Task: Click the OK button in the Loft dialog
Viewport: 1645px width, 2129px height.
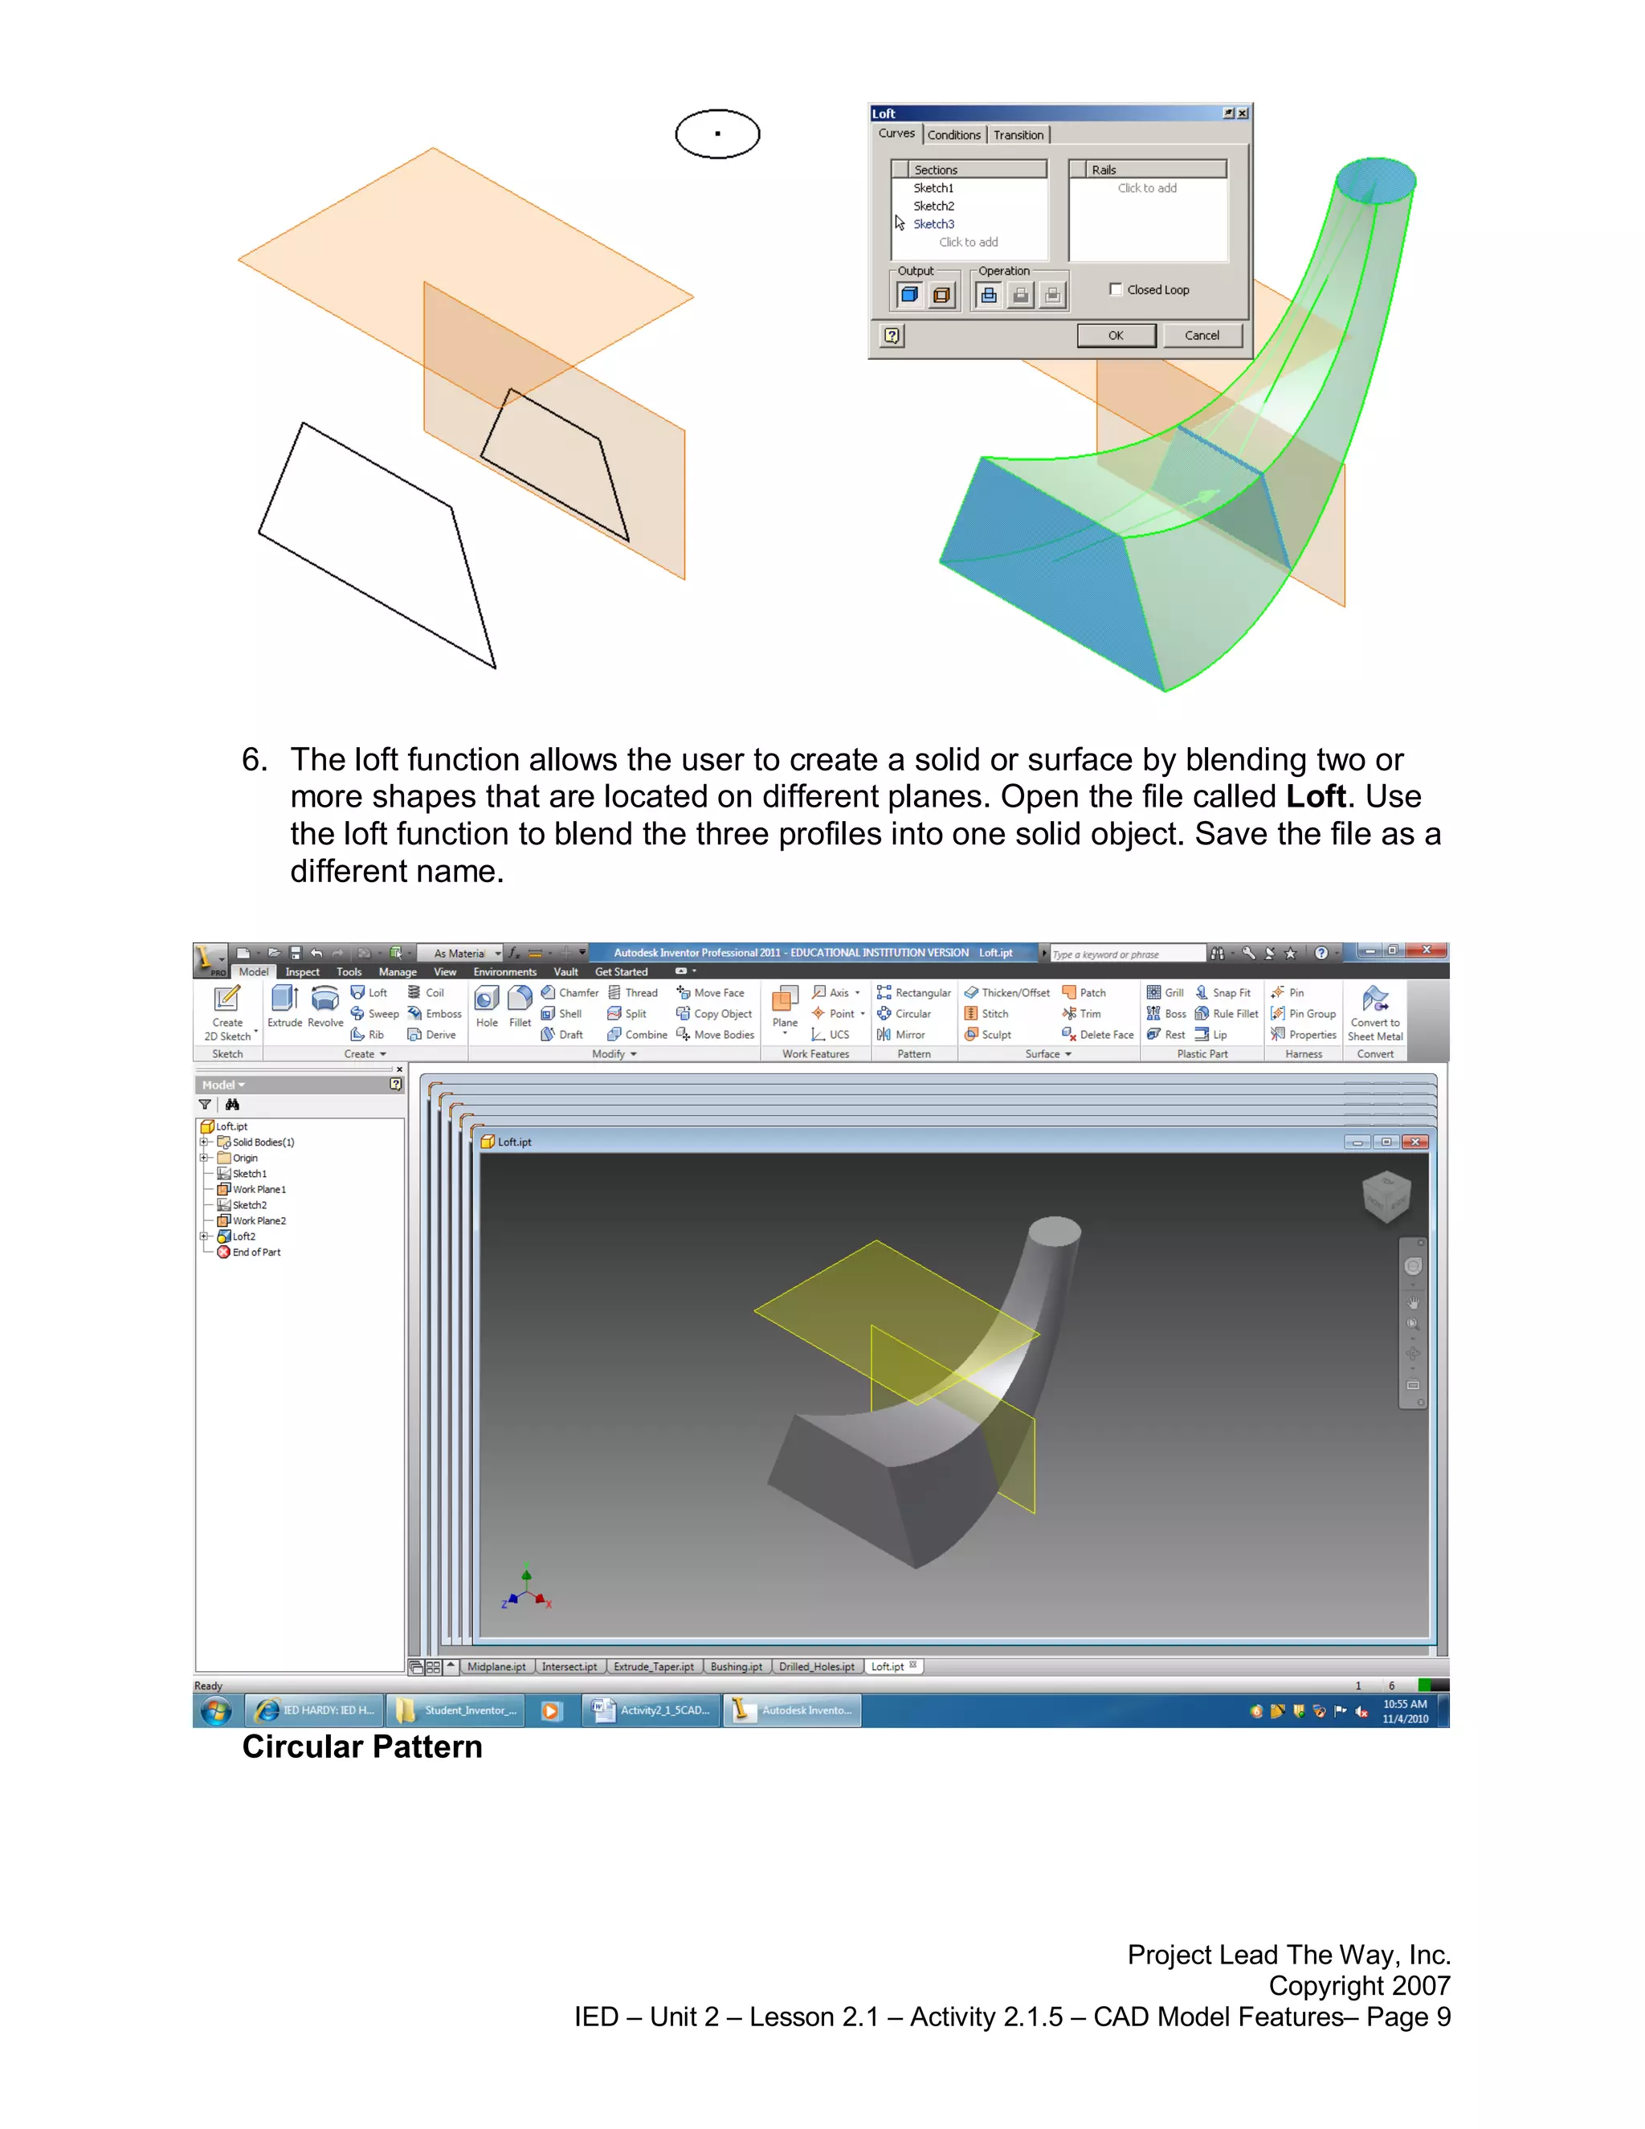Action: click(1116, 335)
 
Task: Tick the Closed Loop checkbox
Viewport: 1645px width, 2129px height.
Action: click(1116, 289)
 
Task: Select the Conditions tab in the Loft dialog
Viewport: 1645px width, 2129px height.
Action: click(953, 134)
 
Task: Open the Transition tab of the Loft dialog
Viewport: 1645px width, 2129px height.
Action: click(1018, 134)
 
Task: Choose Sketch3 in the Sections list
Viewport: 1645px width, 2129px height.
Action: click(933, 224)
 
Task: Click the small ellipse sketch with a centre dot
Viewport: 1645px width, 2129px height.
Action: click(717, 133)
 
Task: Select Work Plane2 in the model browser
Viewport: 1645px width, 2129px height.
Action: click(259, 1220)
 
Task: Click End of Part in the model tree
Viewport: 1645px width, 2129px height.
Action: click(255, 1252)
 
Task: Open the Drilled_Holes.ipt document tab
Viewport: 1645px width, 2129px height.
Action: click(816, 1667)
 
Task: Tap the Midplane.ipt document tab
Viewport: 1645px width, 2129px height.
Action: click(496, 1667)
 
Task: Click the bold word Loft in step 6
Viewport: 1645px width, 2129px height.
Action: click(1316, 796)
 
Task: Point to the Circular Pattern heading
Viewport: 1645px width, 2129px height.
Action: click(361, 1747)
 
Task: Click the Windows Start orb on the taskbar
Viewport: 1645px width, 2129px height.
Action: click(216, 1710)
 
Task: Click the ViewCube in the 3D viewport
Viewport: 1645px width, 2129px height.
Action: click(1386, 1195)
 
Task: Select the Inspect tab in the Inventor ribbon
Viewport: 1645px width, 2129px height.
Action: click(302, 972)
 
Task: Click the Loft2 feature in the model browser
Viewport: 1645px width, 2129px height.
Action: click(243, 1236)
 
